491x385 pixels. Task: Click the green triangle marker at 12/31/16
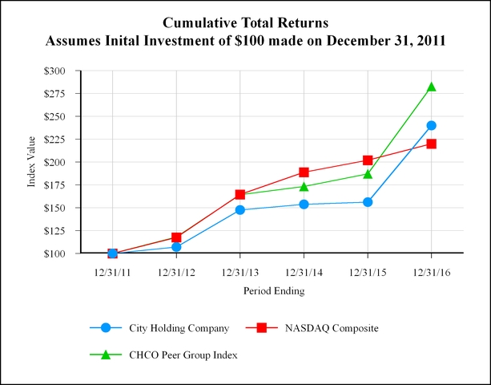431,87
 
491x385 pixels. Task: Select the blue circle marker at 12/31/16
431,125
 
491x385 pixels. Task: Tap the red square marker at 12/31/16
431,144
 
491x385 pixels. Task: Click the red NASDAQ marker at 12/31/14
304,172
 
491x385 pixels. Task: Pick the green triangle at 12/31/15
368,173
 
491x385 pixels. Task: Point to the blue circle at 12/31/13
239,210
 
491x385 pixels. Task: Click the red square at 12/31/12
176,237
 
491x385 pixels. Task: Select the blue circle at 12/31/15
368,202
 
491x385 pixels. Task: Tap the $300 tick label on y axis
60,71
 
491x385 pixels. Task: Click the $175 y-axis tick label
60,185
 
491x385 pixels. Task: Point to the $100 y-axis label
60,253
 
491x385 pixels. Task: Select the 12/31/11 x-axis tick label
112,271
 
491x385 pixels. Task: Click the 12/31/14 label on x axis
304,271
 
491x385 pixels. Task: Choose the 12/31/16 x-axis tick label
431,271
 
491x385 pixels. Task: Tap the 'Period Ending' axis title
273,291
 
